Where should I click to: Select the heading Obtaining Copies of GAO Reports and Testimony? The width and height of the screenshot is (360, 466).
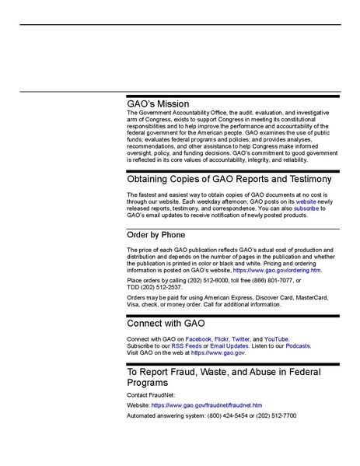pyautogui.click(x=232, y=179)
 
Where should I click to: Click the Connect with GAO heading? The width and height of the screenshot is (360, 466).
pyautogui.click(x=166, y=322)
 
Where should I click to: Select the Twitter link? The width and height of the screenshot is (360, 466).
pyautogui.click(x=240, y=340)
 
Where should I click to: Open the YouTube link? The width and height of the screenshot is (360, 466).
pyautogui.click(x=276, y=340)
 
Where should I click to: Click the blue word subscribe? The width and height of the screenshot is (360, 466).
pyautogui.click(x=306, y=208)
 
